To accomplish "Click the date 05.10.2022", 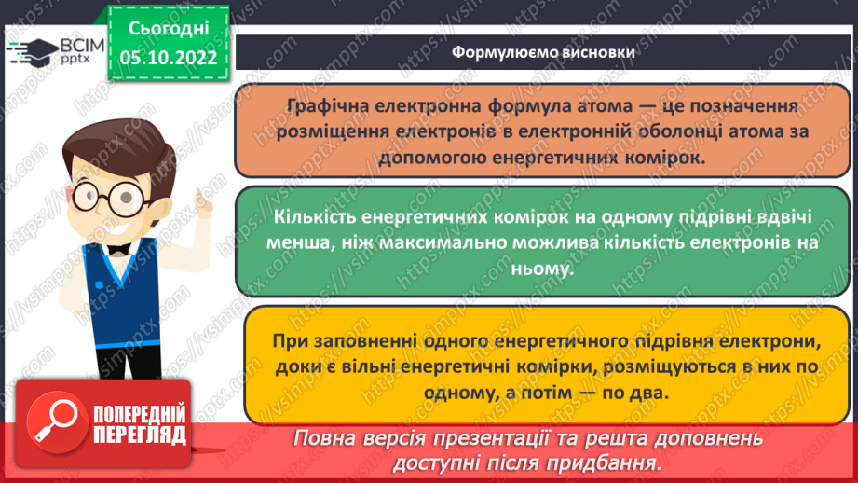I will click(168, 58).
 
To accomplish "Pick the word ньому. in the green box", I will click(543, 267).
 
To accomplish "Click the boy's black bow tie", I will click(118, 248).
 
